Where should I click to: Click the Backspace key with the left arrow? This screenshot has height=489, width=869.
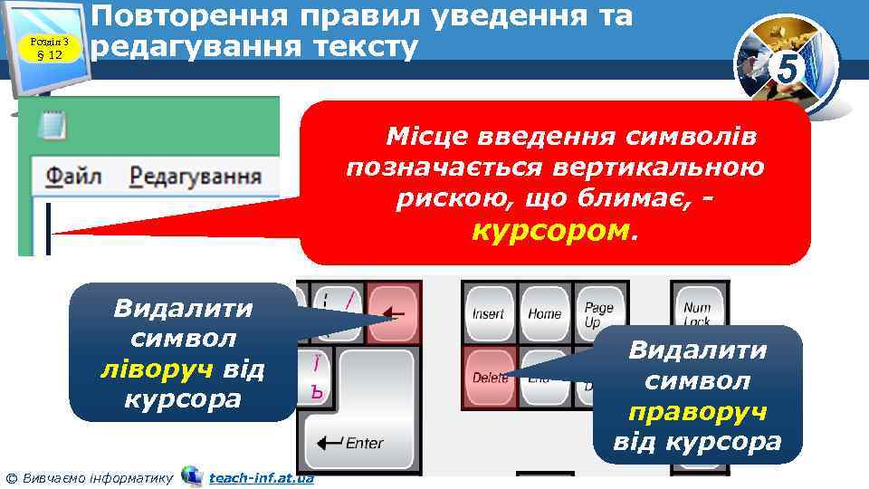pos(393,314)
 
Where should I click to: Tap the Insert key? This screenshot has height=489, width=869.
pos(488,314)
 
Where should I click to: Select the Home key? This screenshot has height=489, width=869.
pos(544,314)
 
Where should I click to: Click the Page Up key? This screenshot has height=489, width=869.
pos(598,314)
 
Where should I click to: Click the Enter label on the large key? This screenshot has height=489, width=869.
pos(363,443)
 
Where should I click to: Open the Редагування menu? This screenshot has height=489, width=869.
pos(196,176)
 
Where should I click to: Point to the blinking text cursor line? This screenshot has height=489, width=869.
pos(48,229)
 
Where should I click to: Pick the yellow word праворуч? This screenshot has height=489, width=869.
pos(696,412)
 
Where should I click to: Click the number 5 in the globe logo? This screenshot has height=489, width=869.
pos(788,68)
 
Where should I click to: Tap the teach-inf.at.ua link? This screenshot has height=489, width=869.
pos(261,477)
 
